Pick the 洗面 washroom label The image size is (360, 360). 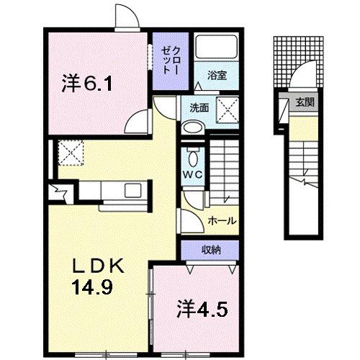tap(199, 108)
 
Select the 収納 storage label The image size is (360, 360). tap(211, 250)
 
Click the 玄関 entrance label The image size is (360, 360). tap(303, 102)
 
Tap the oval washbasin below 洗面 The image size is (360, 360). tap(193, 127)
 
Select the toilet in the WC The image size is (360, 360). tap(193, 156)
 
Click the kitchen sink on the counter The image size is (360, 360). tap(134, 191)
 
